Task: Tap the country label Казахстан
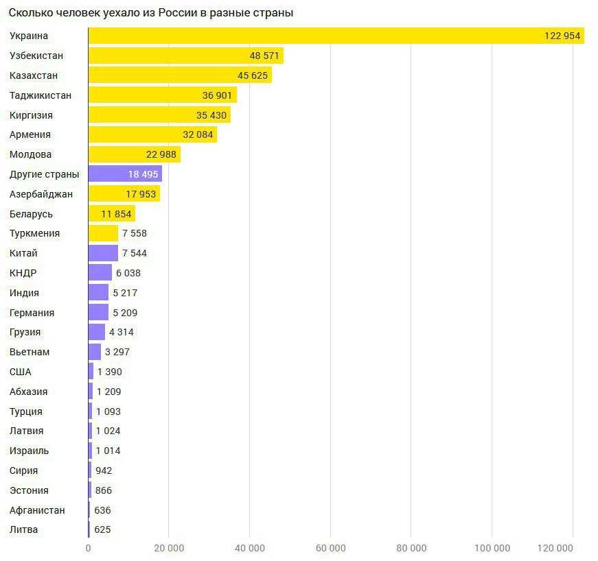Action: point(34,75)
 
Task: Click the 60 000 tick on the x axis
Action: point(330,548)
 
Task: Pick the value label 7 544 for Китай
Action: point(135,253)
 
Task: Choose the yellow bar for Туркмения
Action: point(103,233)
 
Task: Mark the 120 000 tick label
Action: point(554,548)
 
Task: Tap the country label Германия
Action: point(32,313)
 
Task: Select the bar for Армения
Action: point(152,134)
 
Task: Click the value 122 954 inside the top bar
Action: point(562,36)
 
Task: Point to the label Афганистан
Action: point(38,510)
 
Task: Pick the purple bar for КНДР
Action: point(100,273)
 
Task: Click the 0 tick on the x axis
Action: point(88,548)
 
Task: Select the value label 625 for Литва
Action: point(102,529)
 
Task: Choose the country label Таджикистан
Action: point(41,95)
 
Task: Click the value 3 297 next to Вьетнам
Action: point(117,352)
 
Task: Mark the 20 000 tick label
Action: point(169,548)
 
